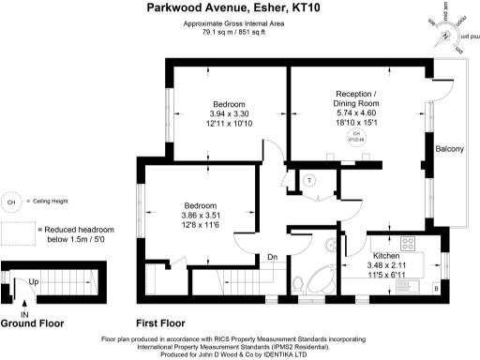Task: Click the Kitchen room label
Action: pyautogui.click(x=387, y=255)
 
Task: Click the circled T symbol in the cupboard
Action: pyautogui.click(x=308, y=179)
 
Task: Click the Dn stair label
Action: pyautogui.click(x=272, y=257)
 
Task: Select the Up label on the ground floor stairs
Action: pyautogui.click(x=34, y=280)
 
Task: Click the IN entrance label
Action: pyautogui.click(x=25, y=314)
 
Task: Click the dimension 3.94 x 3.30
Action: pyautogui.click(x=228, y=114)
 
